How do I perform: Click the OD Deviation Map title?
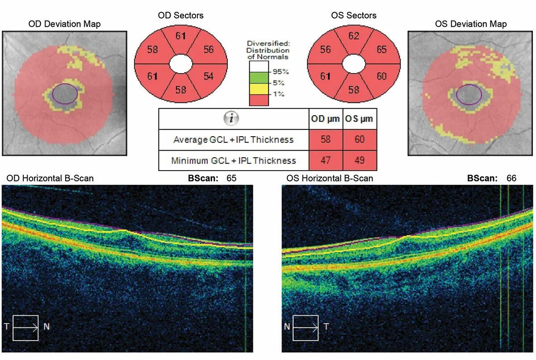pos(64,24)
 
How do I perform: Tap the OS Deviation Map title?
pos(471,24)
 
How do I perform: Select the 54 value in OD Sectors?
pos(209,76)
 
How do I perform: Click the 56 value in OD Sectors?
pos(209,50)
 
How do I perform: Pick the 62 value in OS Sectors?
pos(354,36)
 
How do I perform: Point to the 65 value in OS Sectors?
pos(381,50)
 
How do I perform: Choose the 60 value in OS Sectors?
pos(381,76)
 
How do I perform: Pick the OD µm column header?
pos(326,119)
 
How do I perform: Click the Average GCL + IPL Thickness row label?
pos(233,140)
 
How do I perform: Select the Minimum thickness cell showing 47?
pos(326,160)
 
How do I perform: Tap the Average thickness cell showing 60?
pos(360,140)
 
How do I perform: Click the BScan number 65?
pos(231,178)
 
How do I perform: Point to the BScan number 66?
pos(511,178)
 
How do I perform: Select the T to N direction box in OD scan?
pos(26,327)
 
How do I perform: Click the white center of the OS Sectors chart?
pos(354,63)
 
